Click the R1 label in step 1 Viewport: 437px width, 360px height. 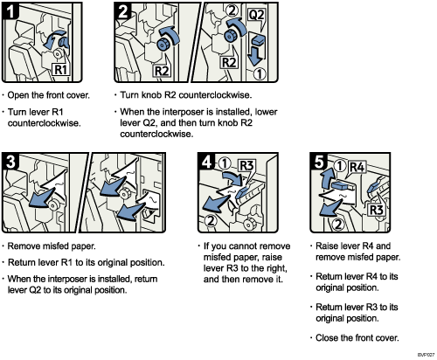[x=62, y=67]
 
